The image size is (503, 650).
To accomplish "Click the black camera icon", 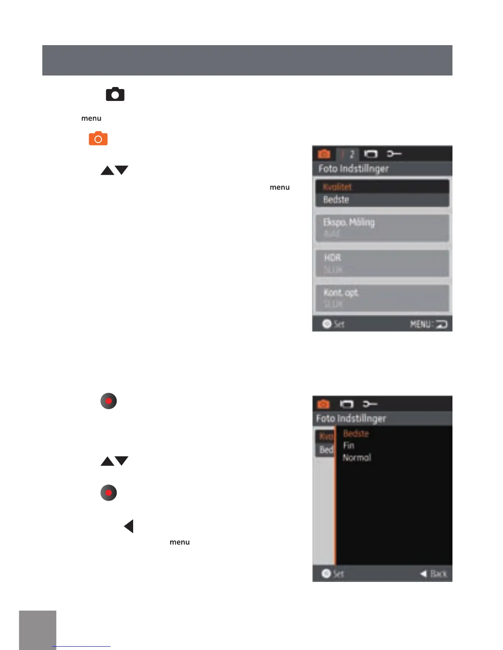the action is click(x=115, y=94).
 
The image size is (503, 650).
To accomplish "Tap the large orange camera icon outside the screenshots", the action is click(x=98, y=139).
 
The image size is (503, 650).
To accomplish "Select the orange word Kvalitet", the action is click(x=337, y=187).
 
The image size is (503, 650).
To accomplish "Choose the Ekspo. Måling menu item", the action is click(x=349, y=222).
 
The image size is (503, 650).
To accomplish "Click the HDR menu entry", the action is click(x=332, y=258).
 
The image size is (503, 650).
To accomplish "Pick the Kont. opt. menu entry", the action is click(x=341, y=293).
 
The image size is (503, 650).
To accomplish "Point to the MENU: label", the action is click(x=421, y=325).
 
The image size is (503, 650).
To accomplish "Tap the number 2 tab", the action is click(x=352, y=154).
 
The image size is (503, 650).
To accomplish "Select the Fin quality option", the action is click(x=349, y=446).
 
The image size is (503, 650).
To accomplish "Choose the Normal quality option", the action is click(x=357, y=458).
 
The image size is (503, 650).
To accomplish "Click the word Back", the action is click(x=438, y=574).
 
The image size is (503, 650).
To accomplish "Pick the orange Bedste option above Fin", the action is click(x=356, y=434).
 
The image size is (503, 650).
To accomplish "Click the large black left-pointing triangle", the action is click(x=129, y=526).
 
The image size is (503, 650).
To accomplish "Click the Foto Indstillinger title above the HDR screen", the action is click(x=353, y=169).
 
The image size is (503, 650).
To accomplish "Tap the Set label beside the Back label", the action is click(x=338, y=574).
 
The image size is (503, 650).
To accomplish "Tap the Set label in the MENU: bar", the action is click(x=339, y=324).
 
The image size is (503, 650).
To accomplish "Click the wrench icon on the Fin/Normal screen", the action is click(x=370, y=404).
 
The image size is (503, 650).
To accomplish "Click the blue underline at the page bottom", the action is click(x=81, y=646).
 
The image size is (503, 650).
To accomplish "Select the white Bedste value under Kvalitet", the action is click(x=336, y=200).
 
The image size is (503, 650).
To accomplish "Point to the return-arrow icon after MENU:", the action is click(x=441, y=325).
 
